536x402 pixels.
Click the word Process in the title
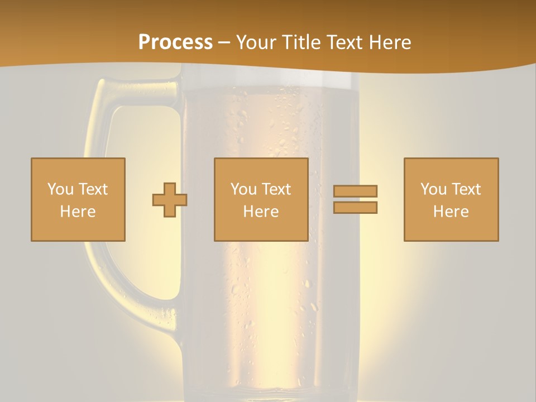point(175,42)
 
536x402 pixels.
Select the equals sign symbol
point(355,199)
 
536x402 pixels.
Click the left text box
point(78,199)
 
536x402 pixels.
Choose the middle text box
point(261,199)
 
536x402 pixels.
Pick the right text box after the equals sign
point(451,199)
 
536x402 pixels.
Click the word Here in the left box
point(78,212)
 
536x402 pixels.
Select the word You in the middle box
point(243,189)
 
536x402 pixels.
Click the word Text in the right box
point(466,189)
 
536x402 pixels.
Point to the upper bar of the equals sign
point(355,191)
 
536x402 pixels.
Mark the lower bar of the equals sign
point(355,208)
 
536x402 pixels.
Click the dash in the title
point(224,43)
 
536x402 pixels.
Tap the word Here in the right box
point(451,212)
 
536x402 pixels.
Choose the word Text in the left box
point(93,189)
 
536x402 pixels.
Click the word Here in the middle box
point(261,212)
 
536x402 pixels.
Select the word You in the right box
point(433,189)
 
